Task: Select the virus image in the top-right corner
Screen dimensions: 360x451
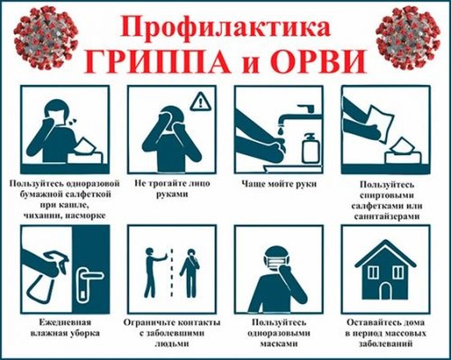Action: click(x=408, y=37)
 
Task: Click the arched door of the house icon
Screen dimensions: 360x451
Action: click(x=385, y=291)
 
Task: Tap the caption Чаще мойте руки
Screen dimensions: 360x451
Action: click(x=279, y=183)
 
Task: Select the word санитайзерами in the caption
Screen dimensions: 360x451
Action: click(x=385, y=216)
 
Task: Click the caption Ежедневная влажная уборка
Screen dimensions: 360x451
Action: click(x=65, y=327)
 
